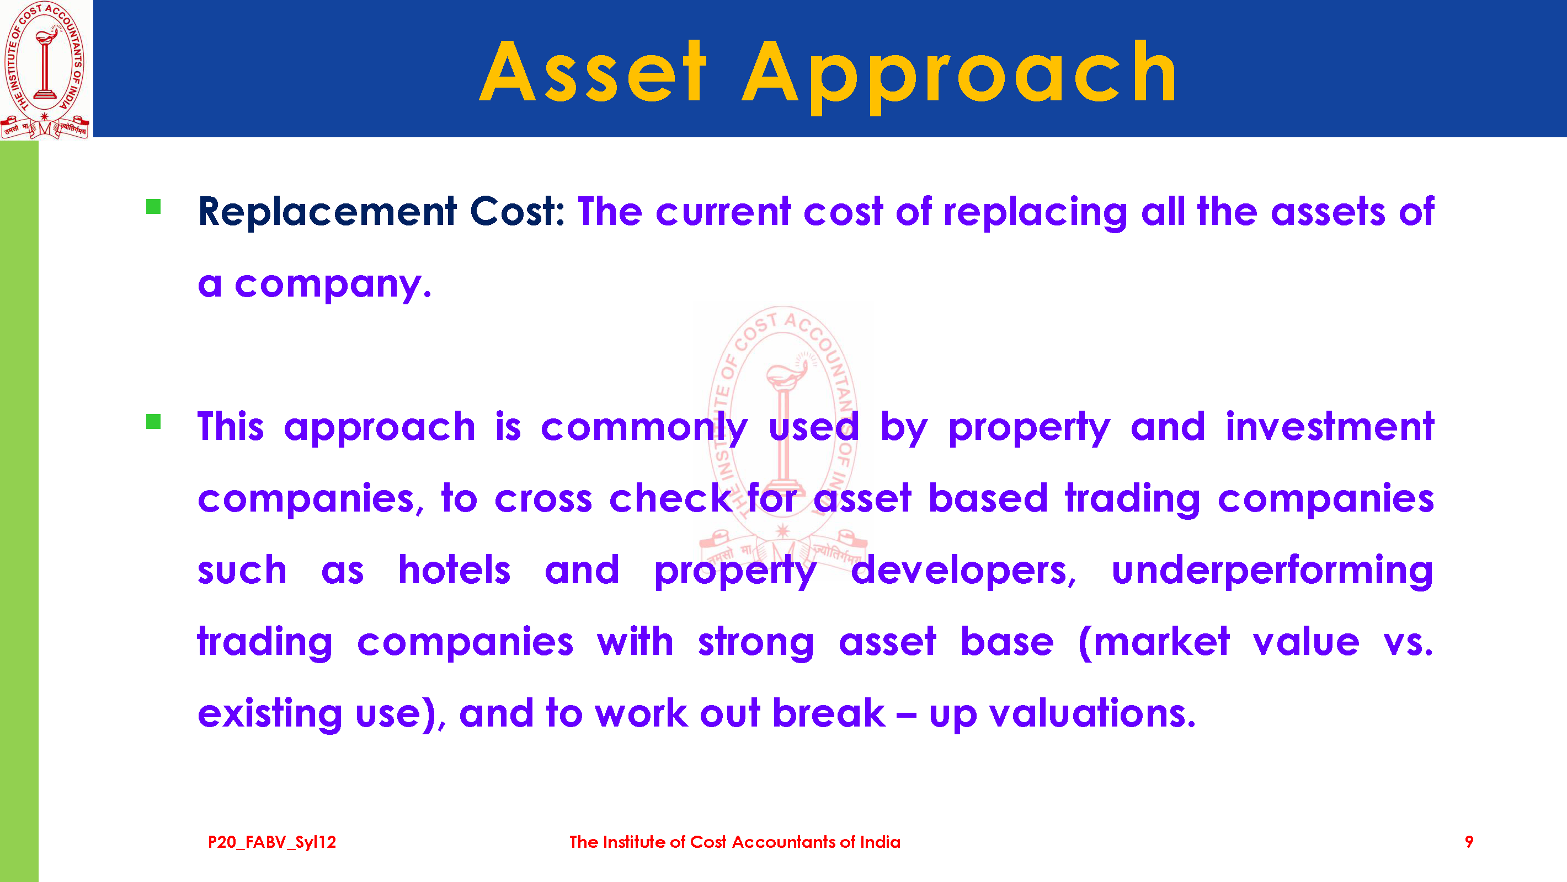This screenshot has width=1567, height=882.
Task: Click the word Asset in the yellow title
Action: tap(593, 71)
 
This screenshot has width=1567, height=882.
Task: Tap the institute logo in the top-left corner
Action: tap(46, 70)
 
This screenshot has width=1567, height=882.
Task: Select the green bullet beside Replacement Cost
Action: tap(153, 207)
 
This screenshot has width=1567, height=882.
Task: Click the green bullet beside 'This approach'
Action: tap(153, 421)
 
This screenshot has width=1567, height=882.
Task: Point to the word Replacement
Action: tap(327, 212)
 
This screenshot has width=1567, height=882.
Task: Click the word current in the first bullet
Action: tap(723, 212)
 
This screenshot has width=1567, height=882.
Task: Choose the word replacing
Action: tap(1035, 213)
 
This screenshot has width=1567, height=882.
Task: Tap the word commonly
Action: tap(644, 428)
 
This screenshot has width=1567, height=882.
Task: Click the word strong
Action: tap(755, 643)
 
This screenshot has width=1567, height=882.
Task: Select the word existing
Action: tap(270, 714)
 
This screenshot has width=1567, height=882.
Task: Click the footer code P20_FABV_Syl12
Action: tap(272, 842)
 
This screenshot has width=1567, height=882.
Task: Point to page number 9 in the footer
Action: tap(1469, 842)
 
